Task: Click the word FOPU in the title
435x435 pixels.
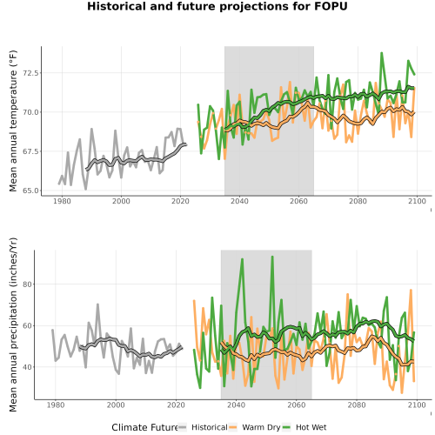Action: pos(331,6)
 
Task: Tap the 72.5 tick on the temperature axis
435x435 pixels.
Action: pos(30,73)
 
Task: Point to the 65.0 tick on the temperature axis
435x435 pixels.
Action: pos(30,191)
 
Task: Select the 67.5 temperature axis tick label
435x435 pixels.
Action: pos(30,151)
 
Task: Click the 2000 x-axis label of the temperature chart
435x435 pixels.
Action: pos(121,201)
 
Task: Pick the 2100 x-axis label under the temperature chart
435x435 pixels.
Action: pos(417,201)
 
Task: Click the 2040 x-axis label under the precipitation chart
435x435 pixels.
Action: pos(236,405)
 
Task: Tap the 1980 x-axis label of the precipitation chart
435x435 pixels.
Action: pos(56,405)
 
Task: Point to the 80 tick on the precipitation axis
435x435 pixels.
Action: pos(27,284)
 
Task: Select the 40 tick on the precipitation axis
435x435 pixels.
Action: pos(27,367)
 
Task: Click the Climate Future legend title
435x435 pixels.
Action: pos(144,427)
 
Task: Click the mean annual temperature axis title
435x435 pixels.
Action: pos(13,121)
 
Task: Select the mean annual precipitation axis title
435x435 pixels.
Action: pos(13,325)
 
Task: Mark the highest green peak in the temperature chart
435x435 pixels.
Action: pos(382,53)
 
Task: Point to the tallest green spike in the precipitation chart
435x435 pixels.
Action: pos(272,257)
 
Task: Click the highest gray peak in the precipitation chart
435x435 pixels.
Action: pos(97,304)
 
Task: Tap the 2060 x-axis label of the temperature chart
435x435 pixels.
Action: pos(298,201)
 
